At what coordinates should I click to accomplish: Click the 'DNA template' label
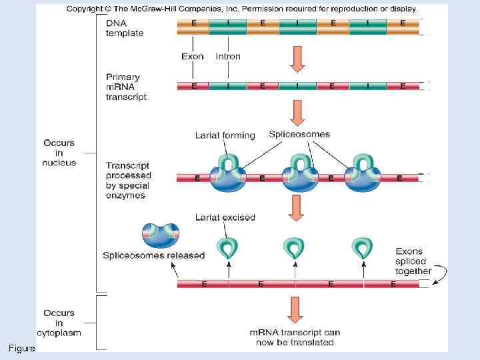124,28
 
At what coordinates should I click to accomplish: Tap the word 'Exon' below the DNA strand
193,57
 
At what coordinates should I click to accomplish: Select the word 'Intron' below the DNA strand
228,57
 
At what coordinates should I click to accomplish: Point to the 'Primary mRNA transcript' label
127,87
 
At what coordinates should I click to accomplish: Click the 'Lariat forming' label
225,135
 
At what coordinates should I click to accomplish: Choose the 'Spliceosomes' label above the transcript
299,134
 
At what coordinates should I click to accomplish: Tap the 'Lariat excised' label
225,217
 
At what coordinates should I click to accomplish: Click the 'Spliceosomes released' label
153,255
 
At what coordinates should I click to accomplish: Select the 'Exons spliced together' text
413,261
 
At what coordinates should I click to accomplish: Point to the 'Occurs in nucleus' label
59,153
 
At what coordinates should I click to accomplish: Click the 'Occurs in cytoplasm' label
59,323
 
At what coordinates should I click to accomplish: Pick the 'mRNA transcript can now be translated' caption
295,337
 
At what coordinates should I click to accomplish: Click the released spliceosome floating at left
161,234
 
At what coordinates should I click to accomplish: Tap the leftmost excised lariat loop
228,247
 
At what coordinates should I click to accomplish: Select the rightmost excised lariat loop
362,247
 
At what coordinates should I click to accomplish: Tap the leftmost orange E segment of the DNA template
193,27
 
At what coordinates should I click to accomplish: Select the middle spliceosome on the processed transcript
301,175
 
